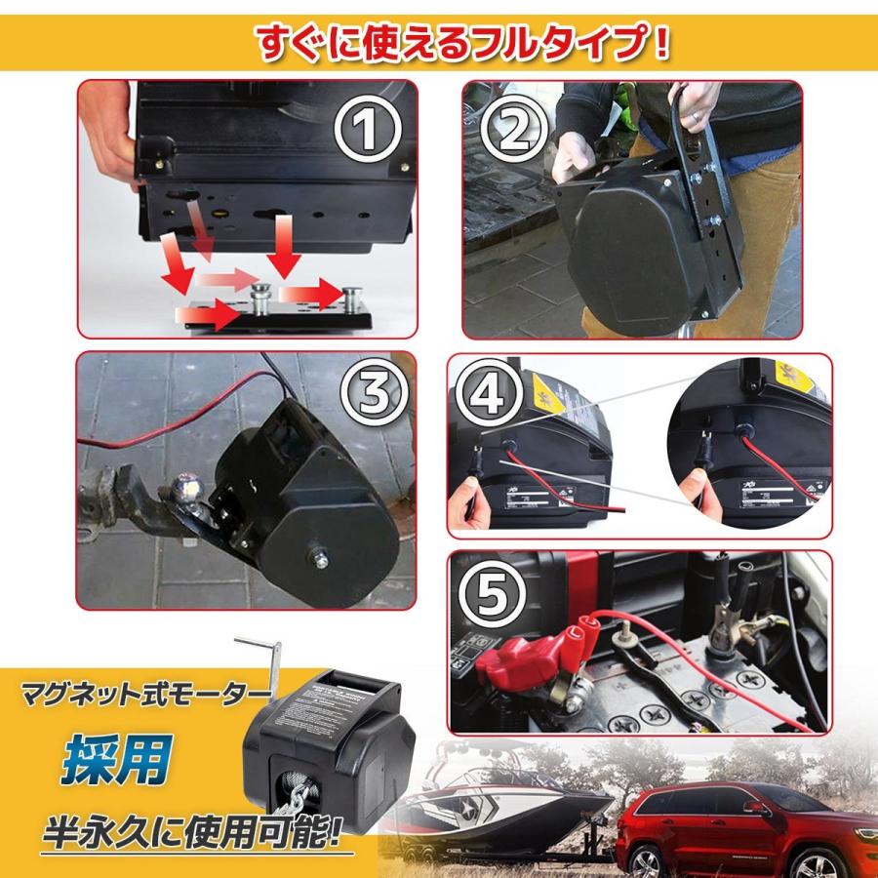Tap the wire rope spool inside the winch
pyautogui.click(x=311, y=779)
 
